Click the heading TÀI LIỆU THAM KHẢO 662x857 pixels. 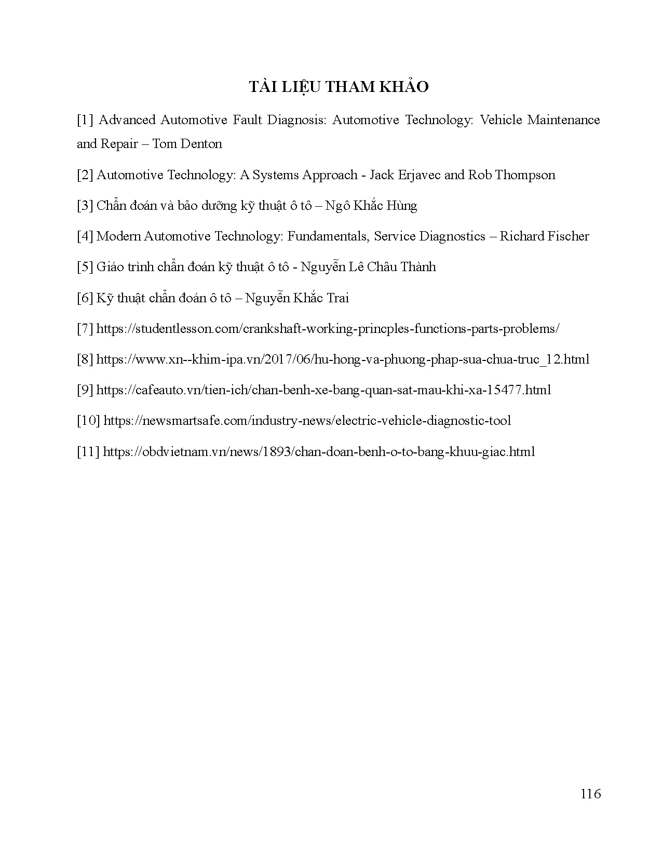click(x=339, y=87)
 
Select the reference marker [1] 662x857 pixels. click(x=85, y=120)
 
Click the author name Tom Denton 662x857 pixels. click(x=187, y=144)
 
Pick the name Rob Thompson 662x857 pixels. click(x=511, y=175)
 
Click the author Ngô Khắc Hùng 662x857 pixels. click(x=371, y=206)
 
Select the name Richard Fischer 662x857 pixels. click(x=544, y=236)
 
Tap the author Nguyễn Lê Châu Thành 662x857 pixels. click(x=368, y=267)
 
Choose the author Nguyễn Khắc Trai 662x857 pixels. click(x=297, y=298)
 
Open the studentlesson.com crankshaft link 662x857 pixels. click(x=328, y=329)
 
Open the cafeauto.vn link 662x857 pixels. click(x=323, y=390)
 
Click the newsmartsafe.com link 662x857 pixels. click(x=307, y=421)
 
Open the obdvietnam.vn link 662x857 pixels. click(x=319, y=452)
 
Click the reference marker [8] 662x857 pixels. click(x=85, y=359)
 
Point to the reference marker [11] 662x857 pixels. click(x=88, y=452)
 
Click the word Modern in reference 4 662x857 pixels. click(x=118, y=236)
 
